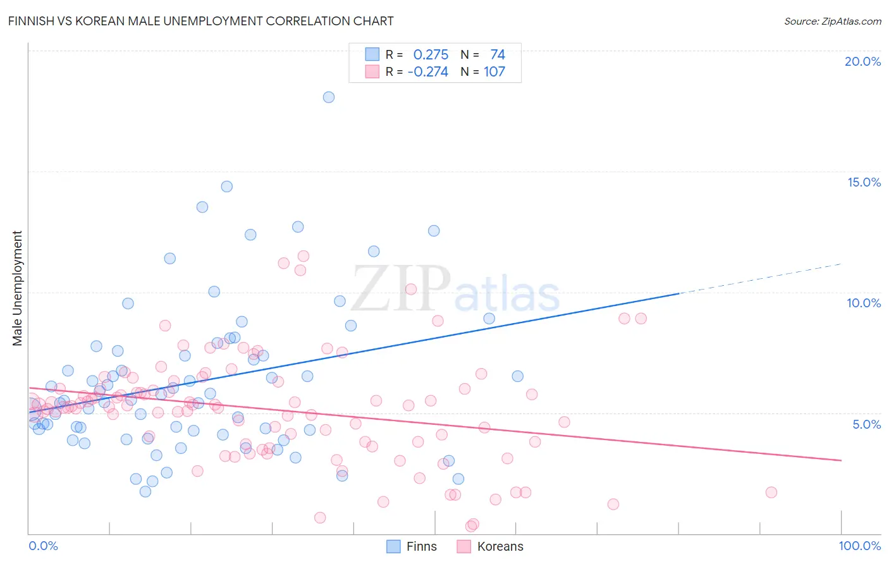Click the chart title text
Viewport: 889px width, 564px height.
coord(200,21)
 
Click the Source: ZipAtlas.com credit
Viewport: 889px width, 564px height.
coord(832,21)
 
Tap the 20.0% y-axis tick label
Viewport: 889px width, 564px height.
coord(862,61)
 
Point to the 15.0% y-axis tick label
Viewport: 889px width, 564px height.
coord(864,182)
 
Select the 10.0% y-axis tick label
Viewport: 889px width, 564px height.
coord(864,303)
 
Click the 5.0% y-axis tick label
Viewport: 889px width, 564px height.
coord(866,424)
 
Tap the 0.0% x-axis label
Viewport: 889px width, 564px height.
coord(43,546)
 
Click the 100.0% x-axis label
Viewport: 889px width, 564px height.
coord(859,546)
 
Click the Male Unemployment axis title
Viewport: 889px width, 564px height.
coord(17,288)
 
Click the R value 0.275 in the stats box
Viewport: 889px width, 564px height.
coord(431,55)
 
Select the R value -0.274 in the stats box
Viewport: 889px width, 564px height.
coord(428,72)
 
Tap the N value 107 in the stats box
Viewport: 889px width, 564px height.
coord(494,72)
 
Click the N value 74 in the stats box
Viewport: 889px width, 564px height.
coord(498,55)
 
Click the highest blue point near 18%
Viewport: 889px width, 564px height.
coord(329,97)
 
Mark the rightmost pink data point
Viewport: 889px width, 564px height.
coord(771,493)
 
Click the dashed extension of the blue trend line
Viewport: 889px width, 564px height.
coord(759,278)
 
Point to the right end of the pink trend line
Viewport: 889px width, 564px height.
coord(840,460)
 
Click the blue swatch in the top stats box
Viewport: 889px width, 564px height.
coord(372,54)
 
